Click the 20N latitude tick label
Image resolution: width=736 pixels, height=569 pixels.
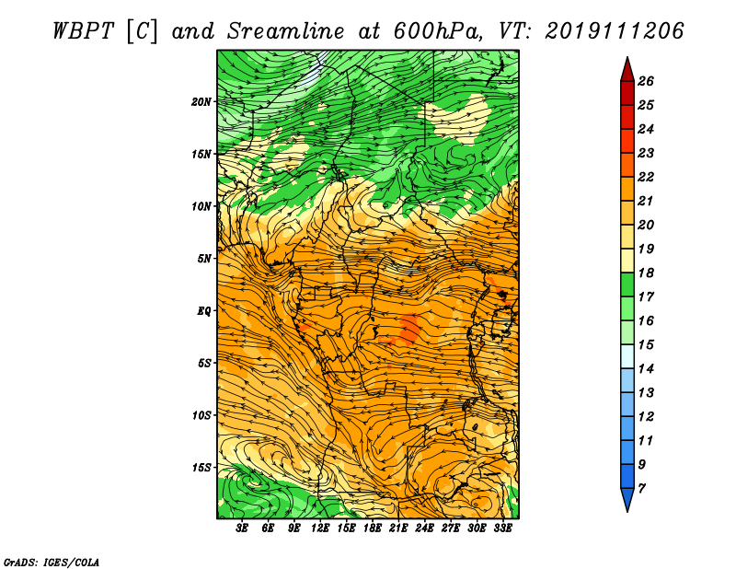coord(201,102)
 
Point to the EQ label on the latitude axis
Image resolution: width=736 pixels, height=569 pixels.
coord(204,311)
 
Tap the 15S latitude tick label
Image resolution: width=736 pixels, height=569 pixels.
coord(201,468)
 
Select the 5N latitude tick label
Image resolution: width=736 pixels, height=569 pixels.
coord(204,259)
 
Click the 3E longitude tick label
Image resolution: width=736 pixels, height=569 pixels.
coord(242,528)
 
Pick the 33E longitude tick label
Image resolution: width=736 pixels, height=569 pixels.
coord(502,528)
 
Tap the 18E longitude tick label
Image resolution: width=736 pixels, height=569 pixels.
coord(373,528)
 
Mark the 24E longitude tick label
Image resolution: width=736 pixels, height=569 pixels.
coord(424,528)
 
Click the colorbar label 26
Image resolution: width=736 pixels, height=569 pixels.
coord(646,81)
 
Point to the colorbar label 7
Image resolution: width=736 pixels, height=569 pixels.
coord(641,489)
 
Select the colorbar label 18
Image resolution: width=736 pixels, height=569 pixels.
coord(646,273)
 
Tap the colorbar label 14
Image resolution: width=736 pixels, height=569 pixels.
coord(646,369)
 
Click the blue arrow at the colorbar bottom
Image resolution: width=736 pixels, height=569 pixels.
coord(627,499)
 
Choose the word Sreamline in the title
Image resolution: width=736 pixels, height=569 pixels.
coord(285,31)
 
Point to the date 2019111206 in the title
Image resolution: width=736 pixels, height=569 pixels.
coord(615,31)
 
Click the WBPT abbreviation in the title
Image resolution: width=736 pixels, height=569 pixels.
coord(83,31)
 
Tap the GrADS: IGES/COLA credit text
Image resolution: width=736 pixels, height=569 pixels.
coord(52,563)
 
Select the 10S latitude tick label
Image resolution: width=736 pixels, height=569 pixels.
coord(201,415)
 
